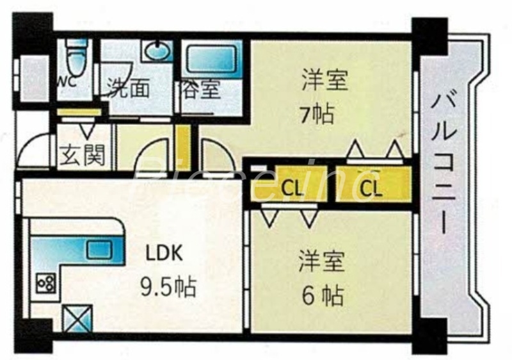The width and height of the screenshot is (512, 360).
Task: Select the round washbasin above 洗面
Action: pos(157,51)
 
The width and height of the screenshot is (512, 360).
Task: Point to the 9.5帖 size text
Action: pos(169,284)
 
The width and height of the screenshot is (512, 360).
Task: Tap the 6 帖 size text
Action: pos(323,295)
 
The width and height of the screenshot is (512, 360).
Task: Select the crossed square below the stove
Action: pos(77,318)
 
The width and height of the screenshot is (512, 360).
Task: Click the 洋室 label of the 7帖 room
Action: pos(324,82)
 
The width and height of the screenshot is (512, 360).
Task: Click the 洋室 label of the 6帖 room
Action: pos(323,261)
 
